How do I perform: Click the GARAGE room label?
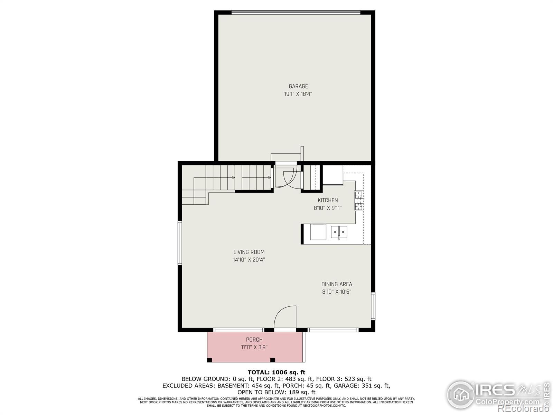[x=298, y=86]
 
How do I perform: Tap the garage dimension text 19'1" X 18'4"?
[x=298, y=94]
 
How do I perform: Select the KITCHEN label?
[x=328, y=200]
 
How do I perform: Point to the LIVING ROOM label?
[x=249, y=252]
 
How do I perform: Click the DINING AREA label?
[x=337, y=284]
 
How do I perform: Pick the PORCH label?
[x=254, y=340]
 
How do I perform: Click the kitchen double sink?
[x=339, y=232]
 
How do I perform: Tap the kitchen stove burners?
[x=358, y=201]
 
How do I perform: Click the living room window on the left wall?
[x=180, y=243]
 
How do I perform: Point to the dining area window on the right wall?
[x=373, y=306]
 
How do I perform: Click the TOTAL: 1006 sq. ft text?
[x=276, y=372]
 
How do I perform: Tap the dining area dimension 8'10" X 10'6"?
[x=337, y=292]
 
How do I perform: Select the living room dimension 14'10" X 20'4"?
[x=249, y=260]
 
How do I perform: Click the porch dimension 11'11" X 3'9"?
[x=254, y=347]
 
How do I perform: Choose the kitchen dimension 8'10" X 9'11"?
[x=328, y=208]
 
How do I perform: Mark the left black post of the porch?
[x=209, y=360]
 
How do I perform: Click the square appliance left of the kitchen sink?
[x=318, y=232]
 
